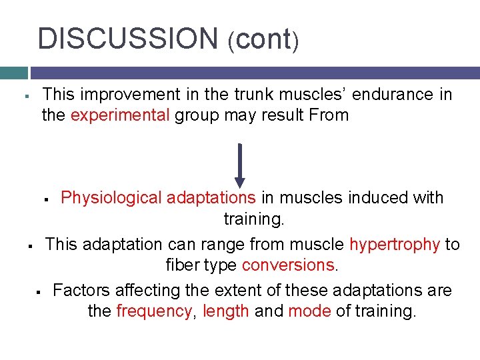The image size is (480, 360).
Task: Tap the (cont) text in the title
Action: tap(263, 40)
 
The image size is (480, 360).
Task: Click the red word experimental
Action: tap(120, 115)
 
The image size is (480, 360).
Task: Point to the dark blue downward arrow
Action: tap(240, 165)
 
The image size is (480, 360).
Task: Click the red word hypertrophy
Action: tap(395, 244)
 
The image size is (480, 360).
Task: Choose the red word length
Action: tap(226, 311)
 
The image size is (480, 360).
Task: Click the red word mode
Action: tap(309, 311)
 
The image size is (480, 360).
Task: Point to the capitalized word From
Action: tap(329, 115)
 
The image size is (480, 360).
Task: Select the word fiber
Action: tap(182, 265)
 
